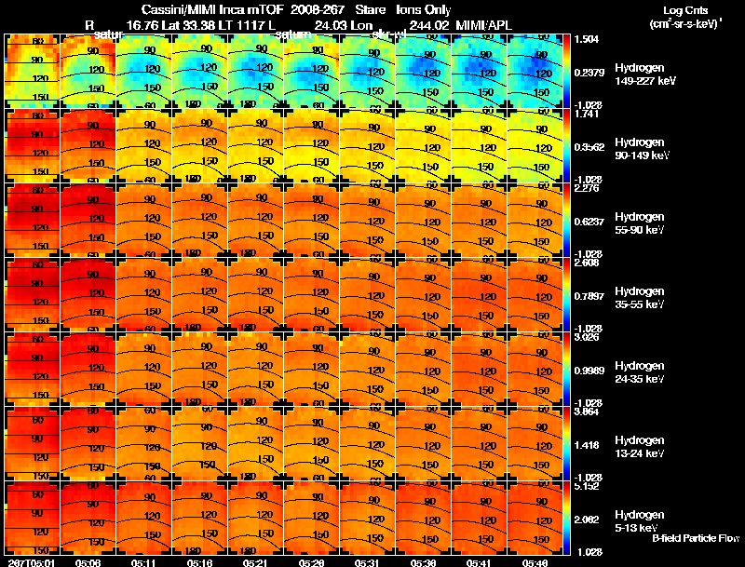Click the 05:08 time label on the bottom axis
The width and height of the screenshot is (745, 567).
coord(89,561)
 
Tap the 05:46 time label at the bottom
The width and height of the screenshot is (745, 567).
coord(535,561)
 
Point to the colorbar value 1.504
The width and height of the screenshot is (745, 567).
coord(587,39)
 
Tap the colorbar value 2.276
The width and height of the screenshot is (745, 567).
coord(587,188)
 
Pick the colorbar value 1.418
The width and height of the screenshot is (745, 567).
coord(587,444)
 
